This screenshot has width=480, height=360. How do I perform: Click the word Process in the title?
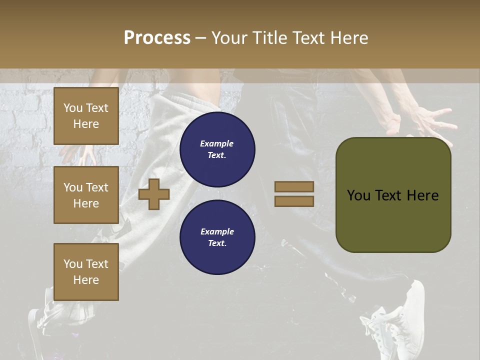point(157,38)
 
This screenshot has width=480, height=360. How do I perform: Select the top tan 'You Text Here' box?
point(86,116)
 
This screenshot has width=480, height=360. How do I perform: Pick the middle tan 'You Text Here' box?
point(86,195)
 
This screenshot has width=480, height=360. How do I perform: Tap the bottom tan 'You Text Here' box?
point(86,272)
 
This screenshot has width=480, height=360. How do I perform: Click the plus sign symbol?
point(153,194)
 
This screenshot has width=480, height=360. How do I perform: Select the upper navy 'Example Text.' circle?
point(217,149)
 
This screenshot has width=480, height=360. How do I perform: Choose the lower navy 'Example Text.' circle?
point(217,237)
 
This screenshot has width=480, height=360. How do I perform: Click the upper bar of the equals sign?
point(294,187)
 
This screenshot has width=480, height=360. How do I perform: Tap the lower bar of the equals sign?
point(294,201)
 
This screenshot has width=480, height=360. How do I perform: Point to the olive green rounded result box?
point(393,195)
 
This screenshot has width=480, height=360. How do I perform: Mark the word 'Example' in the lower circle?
point(217,231)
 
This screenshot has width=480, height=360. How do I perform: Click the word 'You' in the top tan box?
point(73,108)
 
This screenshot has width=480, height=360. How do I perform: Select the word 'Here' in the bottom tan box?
point(86,280)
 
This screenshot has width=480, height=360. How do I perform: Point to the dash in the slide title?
point(200,38)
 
